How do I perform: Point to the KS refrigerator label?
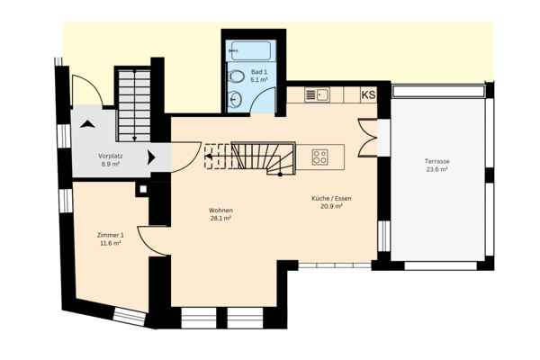pos(369,94)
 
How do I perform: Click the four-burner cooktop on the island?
pos(319,157)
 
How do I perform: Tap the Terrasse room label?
pos(437,161)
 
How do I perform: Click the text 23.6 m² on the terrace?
pos(437,169)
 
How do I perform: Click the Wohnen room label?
pos(221,210)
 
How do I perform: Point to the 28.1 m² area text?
pos(221,218)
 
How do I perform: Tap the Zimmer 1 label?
pos(110,234)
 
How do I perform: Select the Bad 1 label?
pos(259,71)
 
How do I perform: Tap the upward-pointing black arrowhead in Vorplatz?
pos(87,122)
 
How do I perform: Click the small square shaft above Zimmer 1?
pos(142,190)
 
